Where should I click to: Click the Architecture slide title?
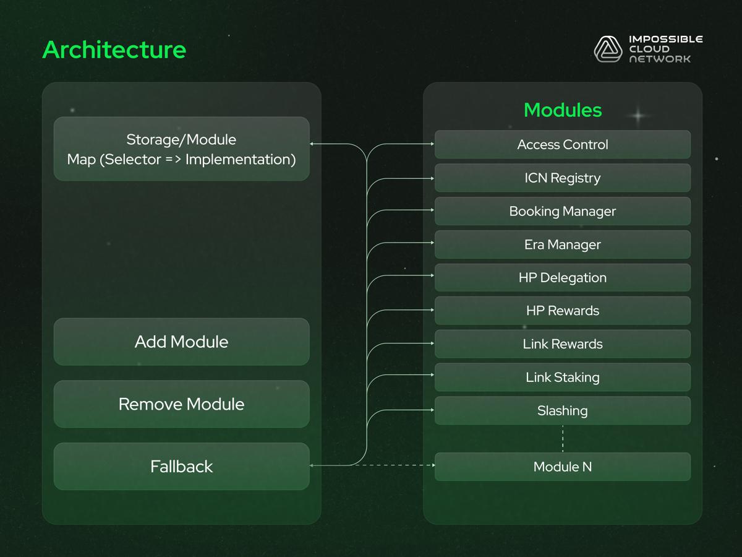114,50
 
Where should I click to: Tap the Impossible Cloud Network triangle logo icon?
608,49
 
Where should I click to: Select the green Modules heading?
562,110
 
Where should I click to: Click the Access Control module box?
562,145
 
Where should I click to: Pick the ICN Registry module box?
562,178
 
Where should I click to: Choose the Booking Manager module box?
562,212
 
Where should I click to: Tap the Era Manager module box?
562,244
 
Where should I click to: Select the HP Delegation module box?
562,278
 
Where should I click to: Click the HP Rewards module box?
562,311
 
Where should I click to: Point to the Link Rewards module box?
562,344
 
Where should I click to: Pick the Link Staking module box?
562,378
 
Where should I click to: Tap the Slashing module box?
562,411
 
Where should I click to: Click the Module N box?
562,467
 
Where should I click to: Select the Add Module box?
181,342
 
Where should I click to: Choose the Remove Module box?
181,404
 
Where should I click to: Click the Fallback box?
181,467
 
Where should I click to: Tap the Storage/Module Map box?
181,149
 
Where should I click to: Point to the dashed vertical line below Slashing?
563,438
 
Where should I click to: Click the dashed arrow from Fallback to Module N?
396,465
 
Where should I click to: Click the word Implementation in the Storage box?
240,160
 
